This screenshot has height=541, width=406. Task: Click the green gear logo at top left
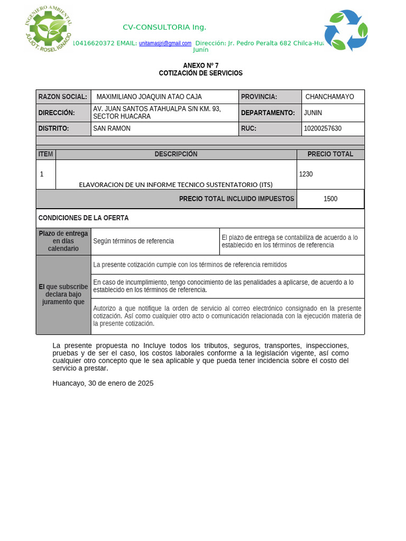[x=49, y=29]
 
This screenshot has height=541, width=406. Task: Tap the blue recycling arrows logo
[x=346, y=30]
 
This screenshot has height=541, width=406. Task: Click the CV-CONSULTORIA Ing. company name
[x=164, y=27]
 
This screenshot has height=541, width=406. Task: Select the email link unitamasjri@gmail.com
[x=165, y=43]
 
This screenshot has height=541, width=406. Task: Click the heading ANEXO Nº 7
[x=200, y=66]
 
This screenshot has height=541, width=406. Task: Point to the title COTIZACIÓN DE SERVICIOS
[x=200, y=73]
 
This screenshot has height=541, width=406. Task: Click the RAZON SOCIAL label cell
[x=63, y=97]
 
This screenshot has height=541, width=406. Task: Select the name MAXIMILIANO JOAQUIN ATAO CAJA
[x=149, y=97]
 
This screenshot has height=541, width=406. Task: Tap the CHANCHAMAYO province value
[x=330, y=97]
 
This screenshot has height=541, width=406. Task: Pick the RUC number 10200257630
[x=322, y=128]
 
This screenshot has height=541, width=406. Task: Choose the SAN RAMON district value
[x=112, y=128]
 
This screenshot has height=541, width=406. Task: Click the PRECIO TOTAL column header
[x=330, y=154]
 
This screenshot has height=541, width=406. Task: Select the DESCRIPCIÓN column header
[x=176, y=154]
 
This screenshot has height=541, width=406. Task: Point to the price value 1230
[x=306, y=174]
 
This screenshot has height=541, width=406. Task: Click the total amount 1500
[x=330, y=199]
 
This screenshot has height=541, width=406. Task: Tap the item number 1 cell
[x=42, y=174]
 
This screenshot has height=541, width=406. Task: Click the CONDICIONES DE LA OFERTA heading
[x=84, y=218]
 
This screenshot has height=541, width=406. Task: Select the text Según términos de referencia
[x=133, y=241]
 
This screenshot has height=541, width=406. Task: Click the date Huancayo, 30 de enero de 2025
[x=103, y=384]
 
